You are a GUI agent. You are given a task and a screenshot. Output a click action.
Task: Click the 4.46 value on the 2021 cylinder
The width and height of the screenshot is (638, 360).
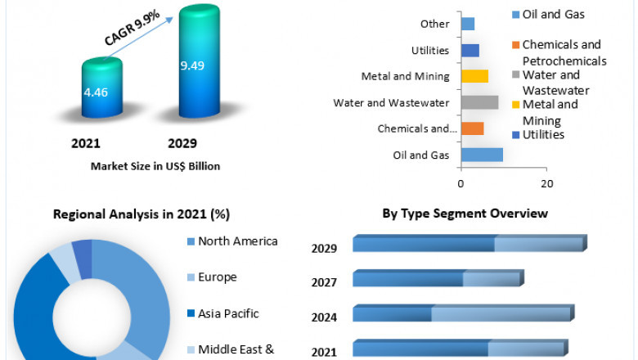point(96,92)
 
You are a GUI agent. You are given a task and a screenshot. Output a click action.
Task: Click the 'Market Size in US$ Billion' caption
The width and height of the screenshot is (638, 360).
point(155,166)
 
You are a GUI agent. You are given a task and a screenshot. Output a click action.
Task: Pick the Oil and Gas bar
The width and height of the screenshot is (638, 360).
point(482,155)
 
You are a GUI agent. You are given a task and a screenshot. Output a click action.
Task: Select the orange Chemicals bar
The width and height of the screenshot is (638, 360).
point(472,128)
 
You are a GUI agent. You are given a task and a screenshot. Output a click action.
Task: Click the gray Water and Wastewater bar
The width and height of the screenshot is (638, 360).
point(479,102)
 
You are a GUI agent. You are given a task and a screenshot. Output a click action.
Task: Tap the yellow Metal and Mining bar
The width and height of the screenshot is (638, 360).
point(474,76)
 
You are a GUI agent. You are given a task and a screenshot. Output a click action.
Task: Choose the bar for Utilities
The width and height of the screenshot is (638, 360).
point(470,50)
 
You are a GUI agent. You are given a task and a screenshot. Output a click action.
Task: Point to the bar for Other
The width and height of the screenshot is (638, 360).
point(467,24)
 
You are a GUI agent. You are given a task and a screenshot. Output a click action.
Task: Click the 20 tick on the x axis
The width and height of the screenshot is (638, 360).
point(547,182)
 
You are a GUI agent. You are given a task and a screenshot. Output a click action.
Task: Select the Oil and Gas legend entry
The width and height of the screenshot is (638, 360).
point(553,14)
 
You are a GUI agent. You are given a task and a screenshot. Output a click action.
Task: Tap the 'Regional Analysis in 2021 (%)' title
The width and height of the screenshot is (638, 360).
point(142,214)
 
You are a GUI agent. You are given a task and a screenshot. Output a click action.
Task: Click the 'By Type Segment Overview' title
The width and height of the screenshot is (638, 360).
point(465,214)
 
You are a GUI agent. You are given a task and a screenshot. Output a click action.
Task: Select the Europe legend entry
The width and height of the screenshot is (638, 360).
point(217,277)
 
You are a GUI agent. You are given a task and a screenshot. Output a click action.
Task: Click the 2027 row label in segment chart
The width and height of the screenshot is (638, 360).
point(324,282)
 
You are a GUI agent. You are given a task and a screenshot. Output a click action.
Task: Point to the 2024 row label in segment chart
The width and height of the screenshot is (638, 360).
point(324,317)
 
